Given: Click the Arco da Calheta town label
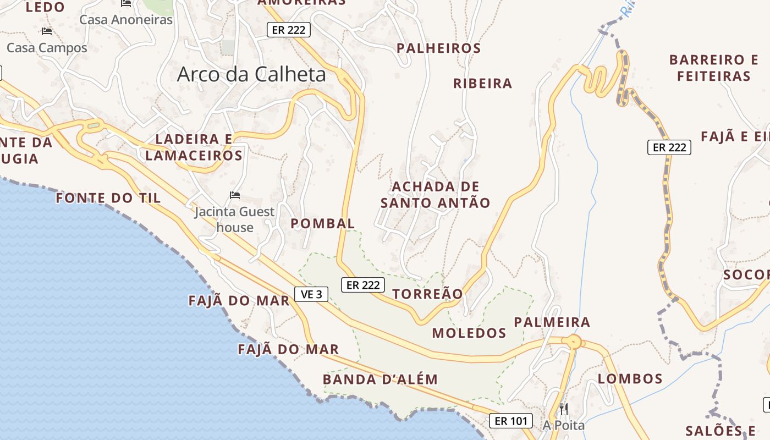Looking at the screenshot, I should coord(251,75).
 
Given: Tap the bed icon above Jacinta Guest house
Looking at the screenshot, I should coord(235,195).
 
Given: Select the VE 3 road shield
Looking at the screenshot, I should coord(311,294).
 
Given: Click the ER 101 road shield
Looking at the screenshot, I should coord(511,421).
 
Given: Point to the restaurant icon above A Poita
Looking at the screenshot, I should coord(563,409).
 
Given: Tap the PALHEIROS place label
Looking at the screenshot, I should coord(438,48).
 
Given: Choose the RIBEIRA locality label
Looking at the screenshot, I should coord(482,84).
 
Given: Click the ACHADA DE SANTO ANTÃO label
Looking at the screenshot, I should coord(435,195).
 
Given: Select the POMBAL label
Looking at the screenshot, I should coord(323,223).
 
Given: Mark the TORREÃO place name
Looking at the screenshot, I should coord(428,294).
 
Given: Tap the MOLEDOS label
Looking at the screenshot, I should coord(469,333).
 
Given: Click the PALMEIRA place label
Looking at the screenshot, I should coord(552,322).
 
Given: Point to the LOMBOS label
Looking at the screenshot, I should coord(630,378).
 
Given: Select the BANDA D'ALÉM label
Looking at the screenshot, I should coord(380,380).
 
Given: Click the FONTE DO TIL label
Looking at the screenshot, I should coord(108,198).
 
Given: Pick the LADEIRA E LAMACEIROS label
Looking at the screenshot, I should coord(194,147).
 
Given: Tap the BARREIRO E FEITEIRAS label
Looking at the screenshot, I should coord(713,68).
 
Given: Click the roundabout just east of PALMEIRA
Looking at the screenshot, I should coord(574,342).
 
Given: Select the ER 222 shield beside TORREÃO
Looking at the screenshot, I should coord(362,285).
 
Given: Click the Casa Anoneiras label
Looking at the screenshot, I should coord(126,20).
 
